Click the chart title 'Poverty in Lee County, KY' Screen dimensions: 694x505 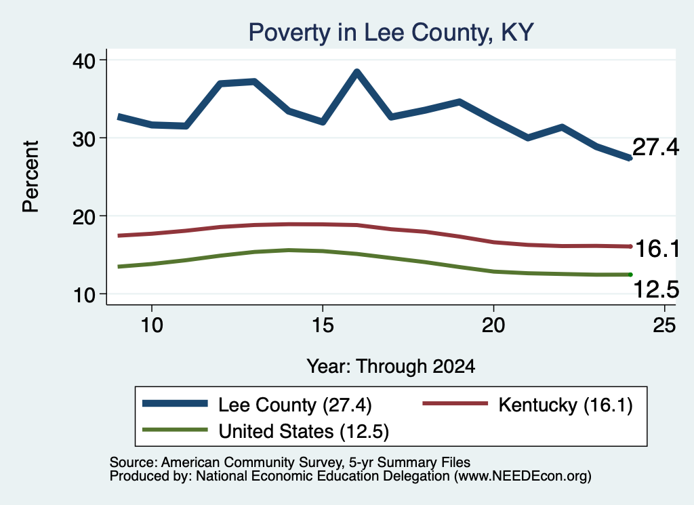(391, 33)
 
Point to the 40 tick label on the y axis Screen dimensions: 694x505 (84, 60)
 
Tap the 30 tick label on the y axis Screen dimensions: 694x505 (84, 139)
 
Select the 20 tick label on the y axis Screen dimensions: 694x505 (84, 217)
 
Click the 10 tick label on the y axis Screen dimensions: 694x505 (84, 295)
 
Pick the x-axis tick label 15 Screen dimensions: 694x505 (323, 325)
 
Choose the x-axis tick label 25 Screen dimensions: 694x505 (664, 325)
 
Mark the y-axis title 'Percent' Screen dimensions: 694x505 (31, 177)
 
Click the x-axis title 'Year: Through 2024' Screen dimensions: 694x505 (391, 367)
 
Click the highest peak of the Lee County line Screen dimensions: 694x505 (356, 72)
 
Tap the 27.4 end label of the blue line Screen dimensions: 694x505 (655, 147)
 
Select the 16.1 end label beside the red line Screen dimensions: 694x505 (657, 249)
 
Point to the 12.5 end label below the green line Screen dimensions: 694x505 (656, 290)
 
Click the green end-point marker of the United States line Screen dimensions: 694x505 (630, 275)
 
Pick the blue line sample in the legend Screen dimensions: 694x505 (175, 403)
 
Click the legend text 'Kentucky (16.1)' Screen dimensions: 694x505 (566, 405)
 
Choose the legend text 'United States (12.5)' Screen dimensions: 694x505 (304, 432)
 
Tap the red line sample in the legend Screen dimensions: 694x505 (455, 403)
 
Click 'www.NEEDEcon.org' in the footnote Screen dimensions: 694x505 (523, 477)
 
